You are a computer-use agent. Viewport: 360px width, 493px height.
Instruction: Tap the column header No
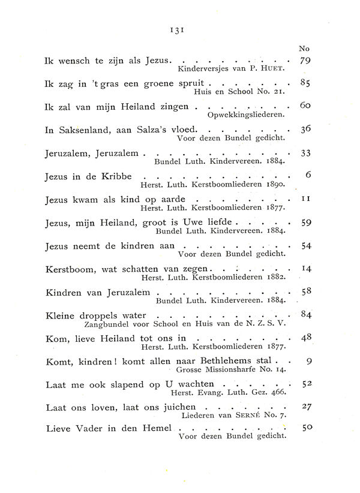coord(304,49)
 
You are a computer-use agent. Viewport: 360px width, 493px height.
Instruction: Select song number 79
coord(304,61)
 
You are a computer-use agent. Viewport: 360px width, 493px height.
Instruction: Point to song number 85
coord(304,83)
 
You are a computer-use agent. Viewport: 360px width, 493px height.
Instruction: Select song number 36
coord(304,129)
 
